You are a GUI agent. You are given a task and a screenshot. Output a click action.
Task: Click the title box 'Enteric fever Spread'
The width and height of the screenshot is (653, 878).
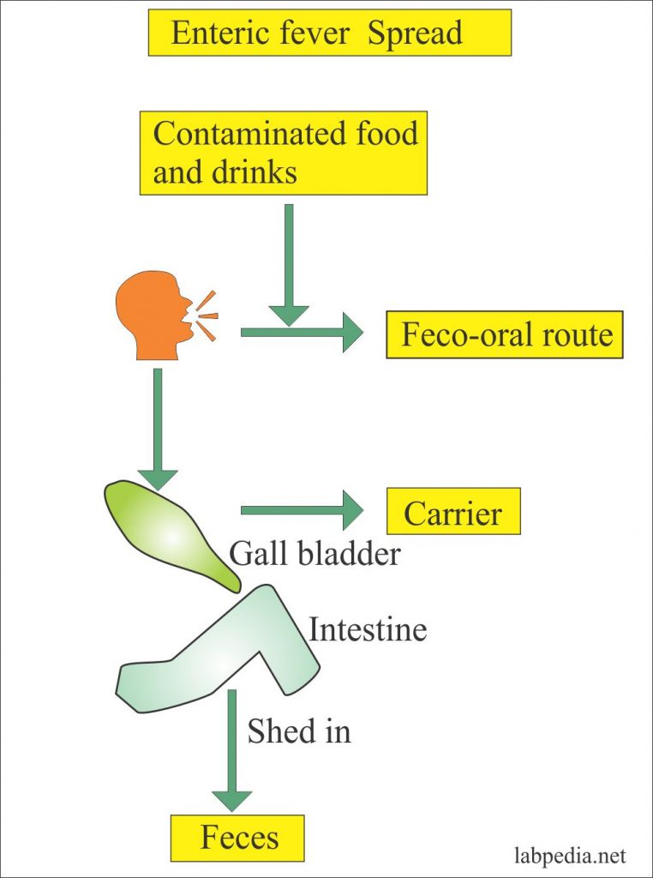click(329, 33)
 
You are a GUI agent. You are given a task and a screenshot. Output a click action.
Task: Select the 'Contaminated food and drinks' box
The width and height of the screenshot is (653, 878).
click(283, 153)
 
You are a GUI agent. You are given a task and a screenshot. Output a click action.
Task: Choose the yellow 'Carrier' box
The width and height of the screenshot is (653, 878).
click(453, 512)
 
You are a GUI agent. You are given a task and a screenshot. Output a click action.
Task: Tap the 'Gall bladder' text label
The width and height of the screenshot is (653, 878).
click(315, 555)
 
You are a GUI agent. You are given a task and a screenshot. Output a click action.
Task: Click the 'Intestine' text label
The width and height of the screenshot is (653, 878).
click(368, 630)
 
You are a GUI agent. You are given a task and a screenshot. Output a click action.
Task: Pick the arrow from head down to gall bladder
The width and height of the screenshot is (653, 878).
click(157, 429)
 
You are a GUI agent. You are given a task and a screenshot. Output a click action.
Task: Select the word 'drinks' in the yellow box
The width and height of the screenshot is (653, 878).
click(254, 172)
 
